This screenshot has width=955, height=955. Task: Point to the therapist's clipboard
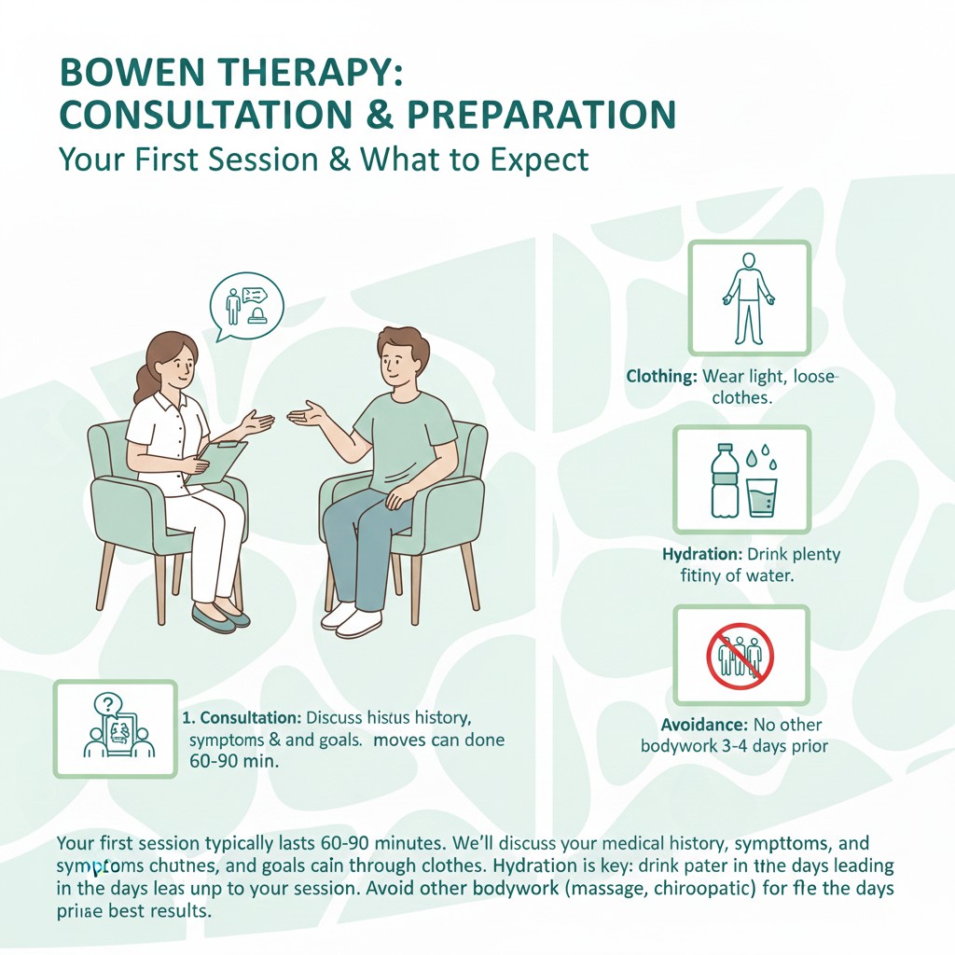click(x=221, y=461)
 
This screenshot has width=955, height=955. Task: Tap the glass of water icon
click(x=763, y=496)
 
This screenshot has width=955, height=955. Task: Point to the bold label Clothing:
click(x=660, y=378)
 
